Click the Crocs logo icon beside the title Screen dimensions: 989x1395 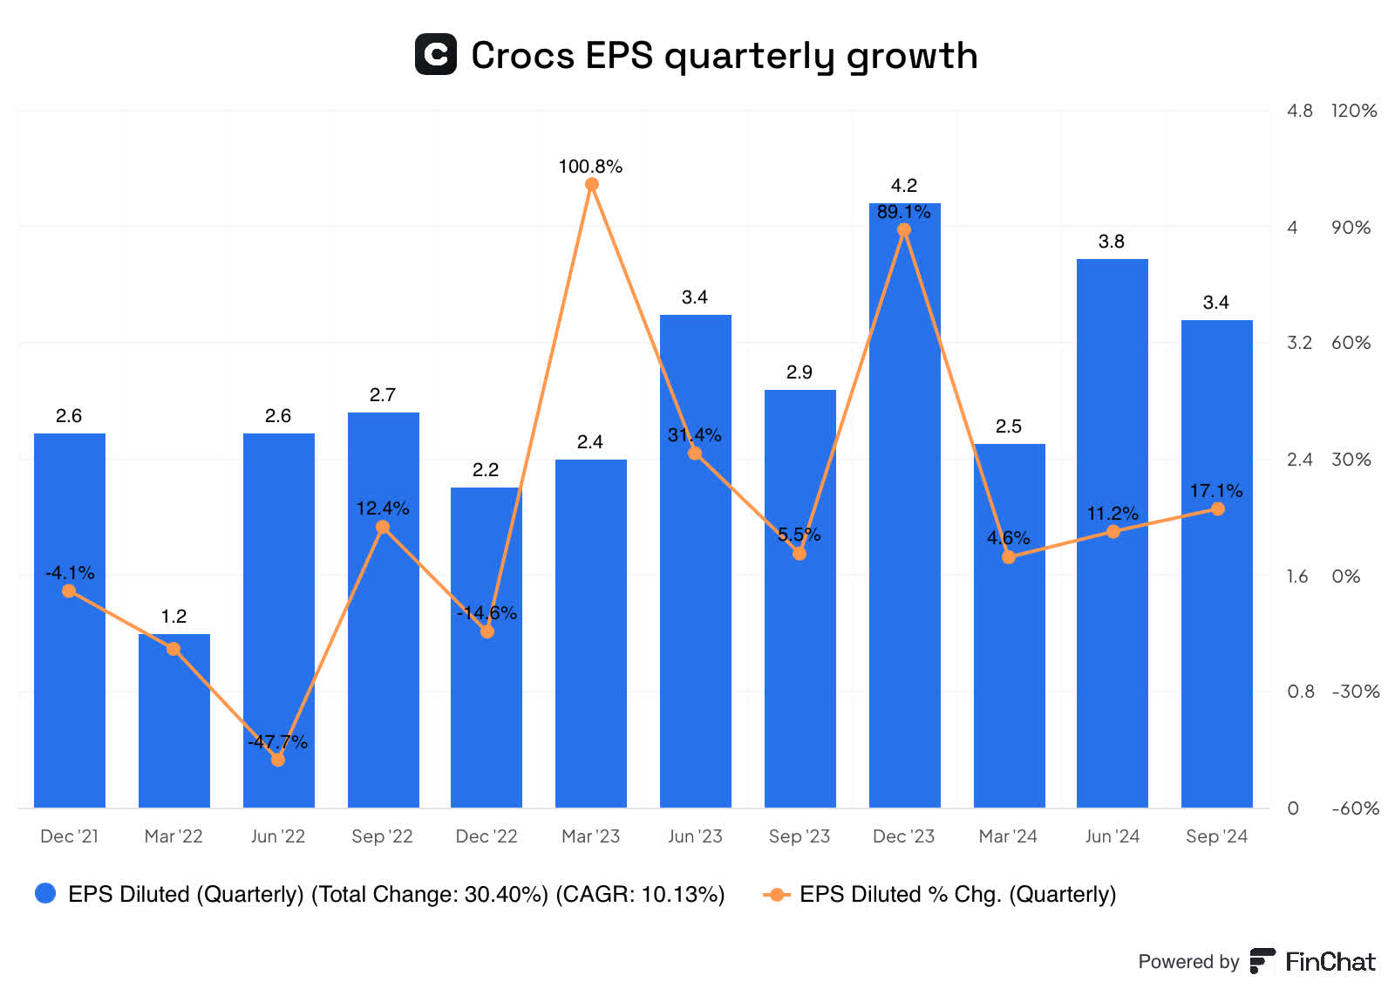click(435, 54)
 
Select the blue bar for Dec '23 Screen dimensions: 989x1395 click(904, 523)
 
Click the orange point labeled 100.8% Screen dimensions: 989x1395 click(591, 185)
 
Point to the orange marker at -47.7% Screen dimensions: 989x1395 click(278, 760)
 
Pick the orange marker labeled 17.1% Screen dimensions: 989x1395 click(1217, 509)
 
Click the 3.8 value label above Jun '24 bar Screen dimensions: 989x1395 click(1112, 242)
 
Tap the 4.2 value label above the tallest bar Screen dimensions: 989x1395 click(904, 186)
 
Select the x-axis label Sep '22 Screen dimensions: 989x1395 click(382, 836)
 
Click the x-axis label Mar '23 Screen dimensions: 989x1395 click(590, 836)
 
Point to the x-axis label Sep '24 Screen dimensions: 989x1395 click(1216, 836)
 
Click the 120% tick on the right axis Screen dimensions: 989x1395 click(1354, 111)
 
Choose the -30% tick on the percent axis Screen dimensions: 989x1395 click(1355, 692)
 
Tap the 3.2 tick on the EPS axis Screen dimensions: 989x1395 click(1299, 343)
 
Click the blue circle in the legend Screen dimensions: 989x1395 click(45, 893)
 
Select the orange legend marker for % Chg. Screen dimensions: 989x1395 click(776, 894)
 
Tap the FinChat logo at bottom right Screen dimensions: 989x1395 click(1313, 961)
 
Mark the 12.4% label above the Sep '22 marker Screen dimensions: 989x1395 click(382, 508)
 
